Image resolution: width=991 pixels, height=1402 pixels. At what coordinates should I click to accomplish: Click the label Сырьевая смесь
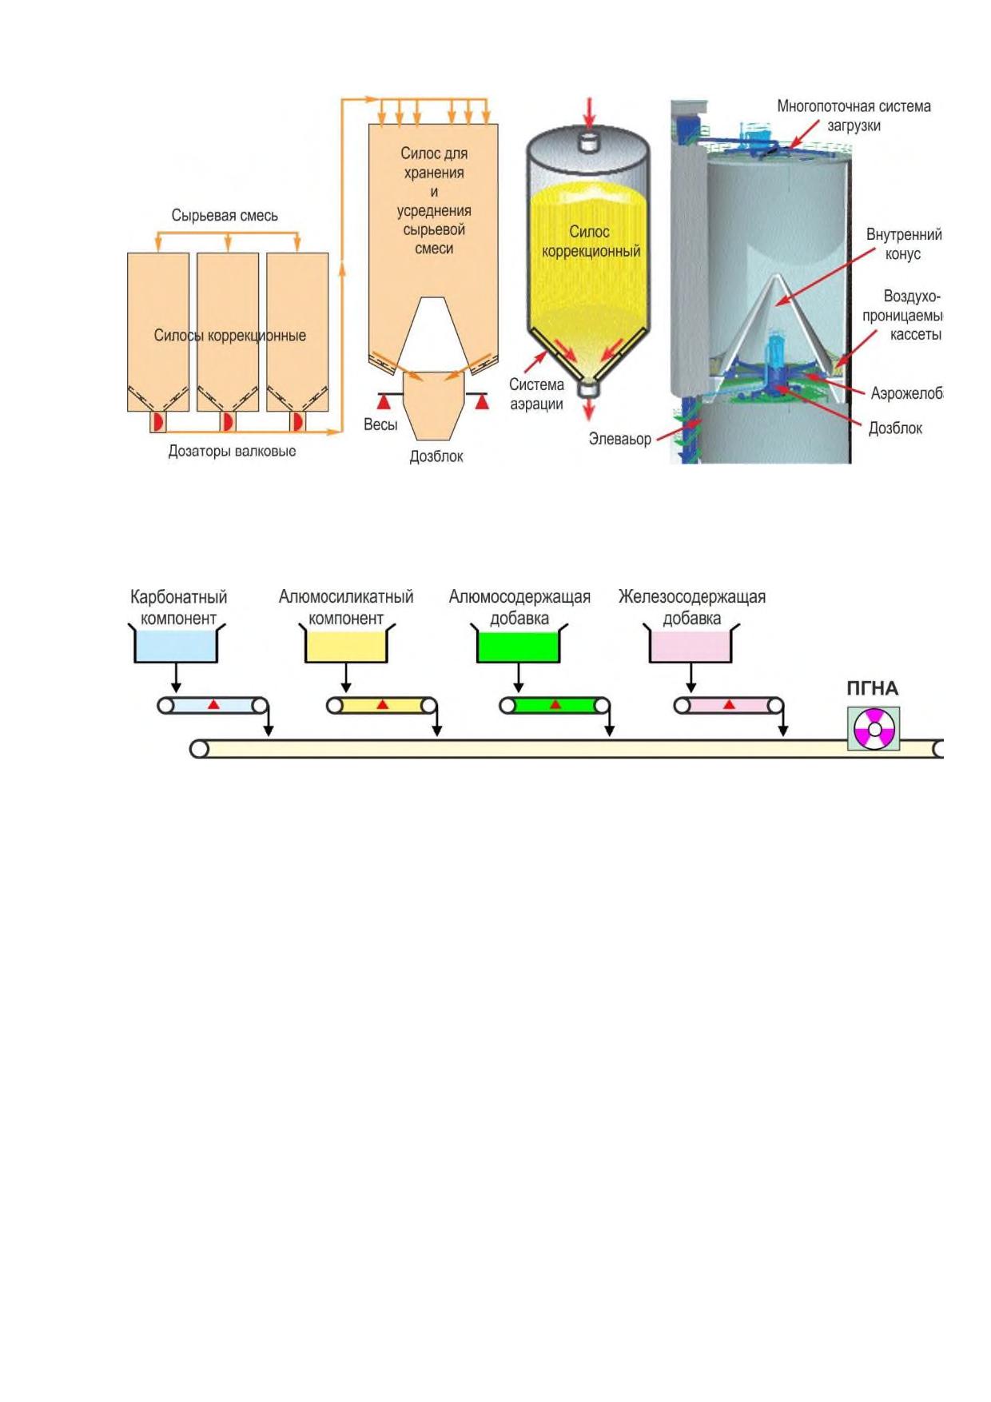click(x=225, y=216)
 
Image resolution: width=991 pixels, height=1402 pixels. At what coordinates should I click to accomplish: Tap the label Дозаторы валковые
click(x=232, y=452)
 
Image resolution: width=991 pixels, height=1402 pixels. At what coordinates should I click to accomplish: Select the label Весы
click(x=380, y=424)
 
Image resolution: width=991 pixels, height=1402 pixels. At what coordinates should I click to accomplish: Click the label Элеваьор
click(x=619, y=439)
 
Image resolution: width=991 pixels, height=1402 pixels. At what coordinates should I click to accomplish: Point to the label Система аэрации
click(x=536, y=394)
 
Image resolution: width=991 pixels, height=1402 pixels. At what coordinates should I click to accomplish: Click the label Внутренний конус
click(x=904, y=245)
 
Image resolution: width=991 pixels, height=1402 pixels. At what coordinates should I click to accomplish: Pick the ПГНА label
click(x=872, y=688)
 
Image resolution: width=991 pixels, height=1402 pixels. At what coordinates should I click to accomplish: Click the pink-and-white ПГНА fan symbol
click(x=874, y=729)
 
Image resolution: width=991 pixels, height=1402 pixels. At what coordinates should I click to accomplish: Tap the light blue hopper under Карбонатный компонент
click(x=177, y=645)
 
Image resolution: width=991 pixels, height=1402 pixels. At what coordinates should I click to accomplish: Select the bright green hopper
click(x=518, y=645)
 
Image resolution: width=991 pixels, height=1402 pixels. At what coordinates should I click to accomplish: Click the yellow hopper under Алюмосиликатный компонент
click(x=346, y=645)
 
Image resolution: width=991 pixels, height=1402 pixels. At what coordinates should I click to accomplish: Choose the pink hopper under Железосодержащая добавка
click(x=691, y=645)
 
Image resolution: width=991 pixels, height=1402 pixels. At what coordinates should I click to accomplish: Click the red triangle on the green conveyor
click(x=555, y=704)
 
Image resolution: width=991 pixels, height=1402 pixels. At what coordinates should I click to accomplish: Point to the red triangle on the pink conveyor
click(x=729, y=704)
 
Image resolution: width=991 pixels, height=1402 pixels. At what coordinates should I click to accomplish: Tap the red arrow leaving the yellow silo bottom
click(x=589, y=408)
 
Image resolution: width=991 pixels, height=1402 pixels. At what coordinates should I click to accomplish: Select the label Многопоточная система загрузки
click(x=854, y=116)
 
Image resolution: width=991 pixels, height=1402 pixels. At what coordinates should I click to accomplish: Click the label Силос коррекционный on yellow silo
click(x=591, y=241)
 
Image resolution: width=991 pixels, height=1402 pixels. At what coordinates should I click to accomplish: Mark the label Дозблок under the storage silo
click(x=436, y=456)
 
